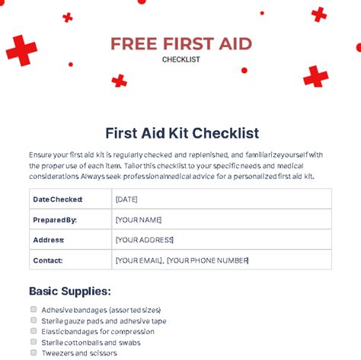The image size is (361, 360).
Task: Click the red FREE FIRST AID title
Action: (x=180, y=43)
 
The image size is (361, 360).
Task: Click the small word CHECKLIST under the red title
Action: (x=180, y=59)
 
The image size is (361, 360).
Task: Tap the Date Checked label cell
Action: (x=58, y=199)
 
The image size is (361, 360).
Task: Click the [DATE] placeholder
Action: (x=126, y=199)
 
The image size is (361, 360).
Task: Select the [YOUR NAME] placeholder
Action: (x=139, y=220)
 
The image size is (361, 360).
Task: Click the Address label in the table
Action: (x=49, y=240)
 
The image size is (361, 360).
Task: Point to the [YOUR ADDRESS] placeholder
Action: (x=145, y=240)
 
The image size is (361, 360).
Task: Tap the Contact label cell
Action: (x=47, y=260)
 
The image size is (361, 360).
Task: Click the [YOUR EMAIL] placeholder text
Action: (x=138, y=260)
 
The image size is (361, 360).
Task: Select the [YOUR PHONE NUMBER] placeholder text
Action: (x=208, y=260)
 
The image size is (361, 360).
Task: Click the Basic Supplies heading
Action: (x=70, y=291)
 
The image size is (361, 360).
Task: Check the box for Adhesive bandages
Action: (x=34, y=310)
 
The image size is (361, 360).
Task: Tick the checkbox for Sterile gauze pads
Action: (x=34, y=320)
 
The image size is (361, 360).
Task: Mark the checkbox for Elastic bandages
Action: (x=34, y=331)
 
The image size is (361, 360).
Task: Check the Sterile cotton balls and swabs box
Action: (x=34, y=342)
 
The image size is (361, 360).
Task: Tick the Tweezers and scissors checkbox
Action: (x=34, y=352)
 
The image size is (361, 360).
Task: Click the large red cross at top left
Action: (x=21, y=50)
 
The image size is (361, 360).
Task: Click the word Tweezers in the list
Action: (x=58, y=353)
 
